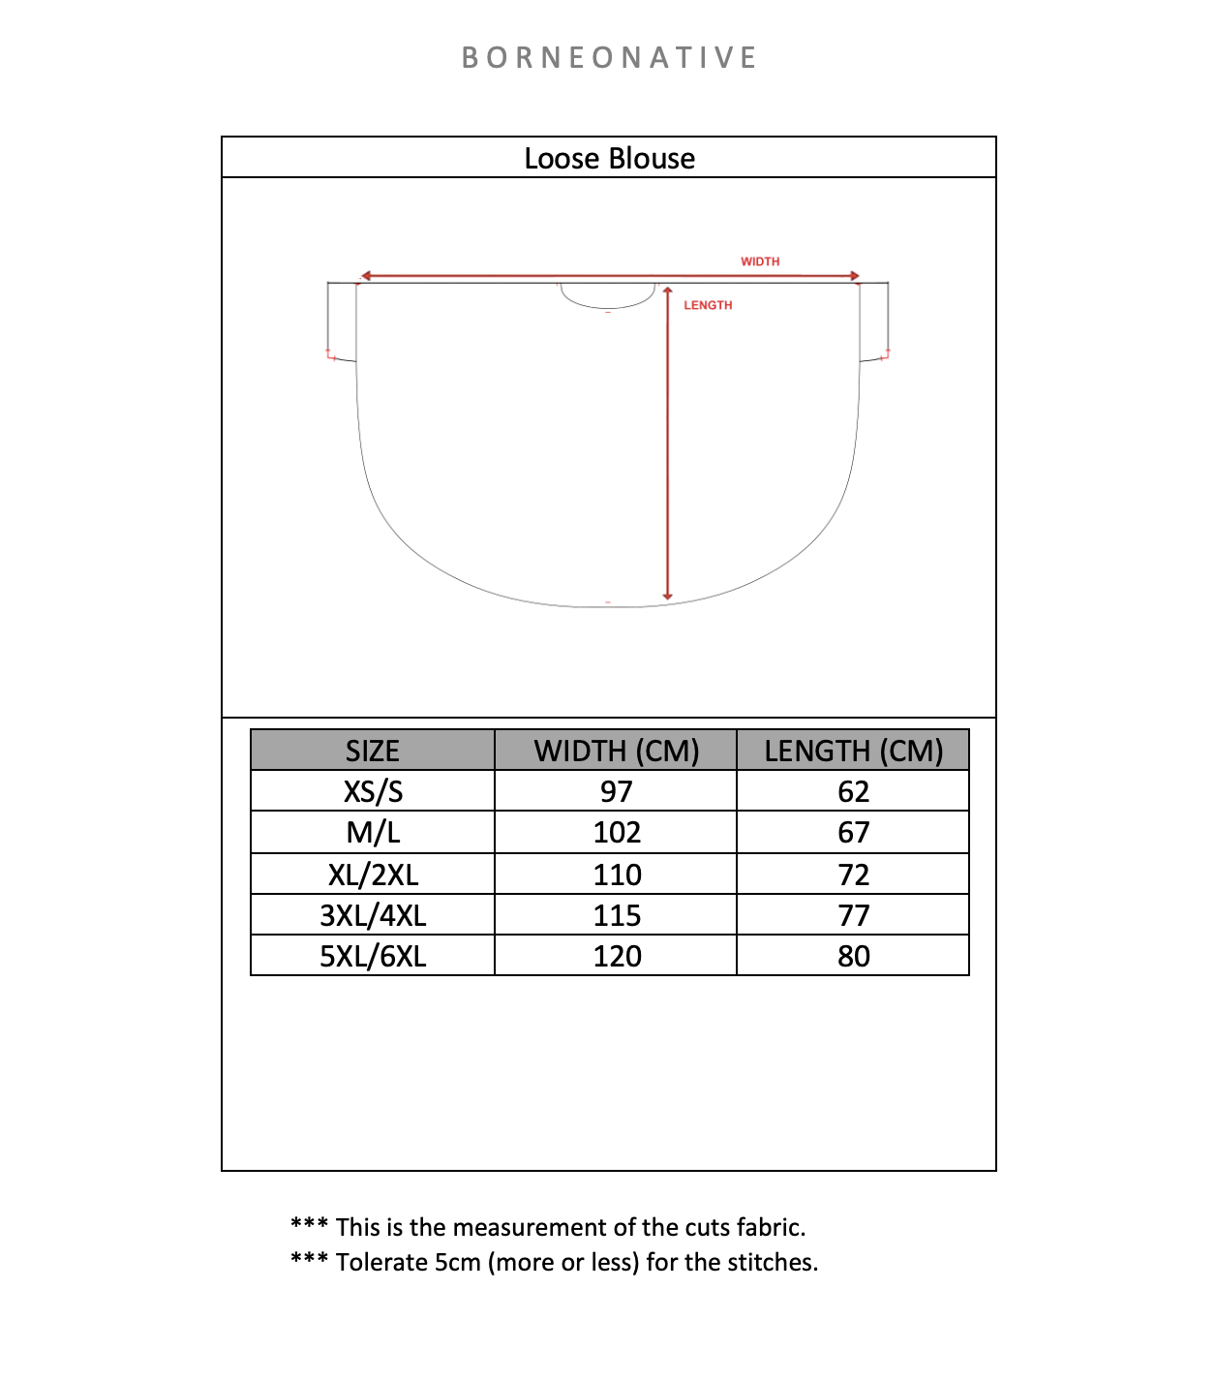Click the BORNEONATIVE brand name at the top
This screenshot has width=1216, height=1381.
[x=609, y=58]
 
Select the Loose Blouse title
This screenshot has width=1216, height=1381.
[x=609, y=159]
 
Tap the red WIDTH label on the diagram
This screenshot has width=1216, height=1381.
[x=760, y=261]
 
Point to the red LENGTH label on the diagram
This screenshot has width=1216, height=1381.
[x=708, y=305]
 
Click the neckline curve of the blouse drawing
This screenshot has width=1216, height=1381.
[x=608, y=304]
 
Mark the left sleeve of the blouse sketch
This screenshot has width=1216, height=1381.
[x=342, y=321]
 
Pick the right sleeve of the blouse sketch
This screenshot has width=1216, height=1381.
[x=874, y=321]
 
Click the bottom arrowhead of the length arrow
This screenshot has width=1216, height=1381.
[x=667, y=596]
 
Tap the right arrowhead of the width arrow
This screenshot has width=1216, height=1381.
[x=855, y=276]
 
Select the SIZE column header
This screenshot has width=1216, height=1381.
[x=373, y=752]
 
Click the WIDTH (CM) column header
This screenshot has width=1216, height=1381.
[x=617, y=752]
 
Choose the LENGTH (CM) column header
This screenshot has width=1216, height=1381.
[x=853, y=752]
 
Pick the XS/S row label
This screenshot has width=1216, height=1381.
[x=373, y=792]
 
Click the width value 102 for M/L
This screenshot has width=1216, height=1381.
[x=617, y=833]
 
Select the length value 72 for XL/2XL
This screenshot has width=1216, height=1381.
[x=853, y=875]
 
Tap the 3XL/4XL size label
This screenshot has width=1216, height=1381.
[x=373, y=915]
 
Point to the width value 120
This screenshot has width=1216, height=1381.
[x=617, y=957]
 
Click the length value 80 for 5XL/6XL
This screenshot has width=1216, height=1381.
[x=853, y=957]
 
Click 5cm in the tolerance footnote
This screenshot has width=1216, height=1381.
[x=457, y=1263]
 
